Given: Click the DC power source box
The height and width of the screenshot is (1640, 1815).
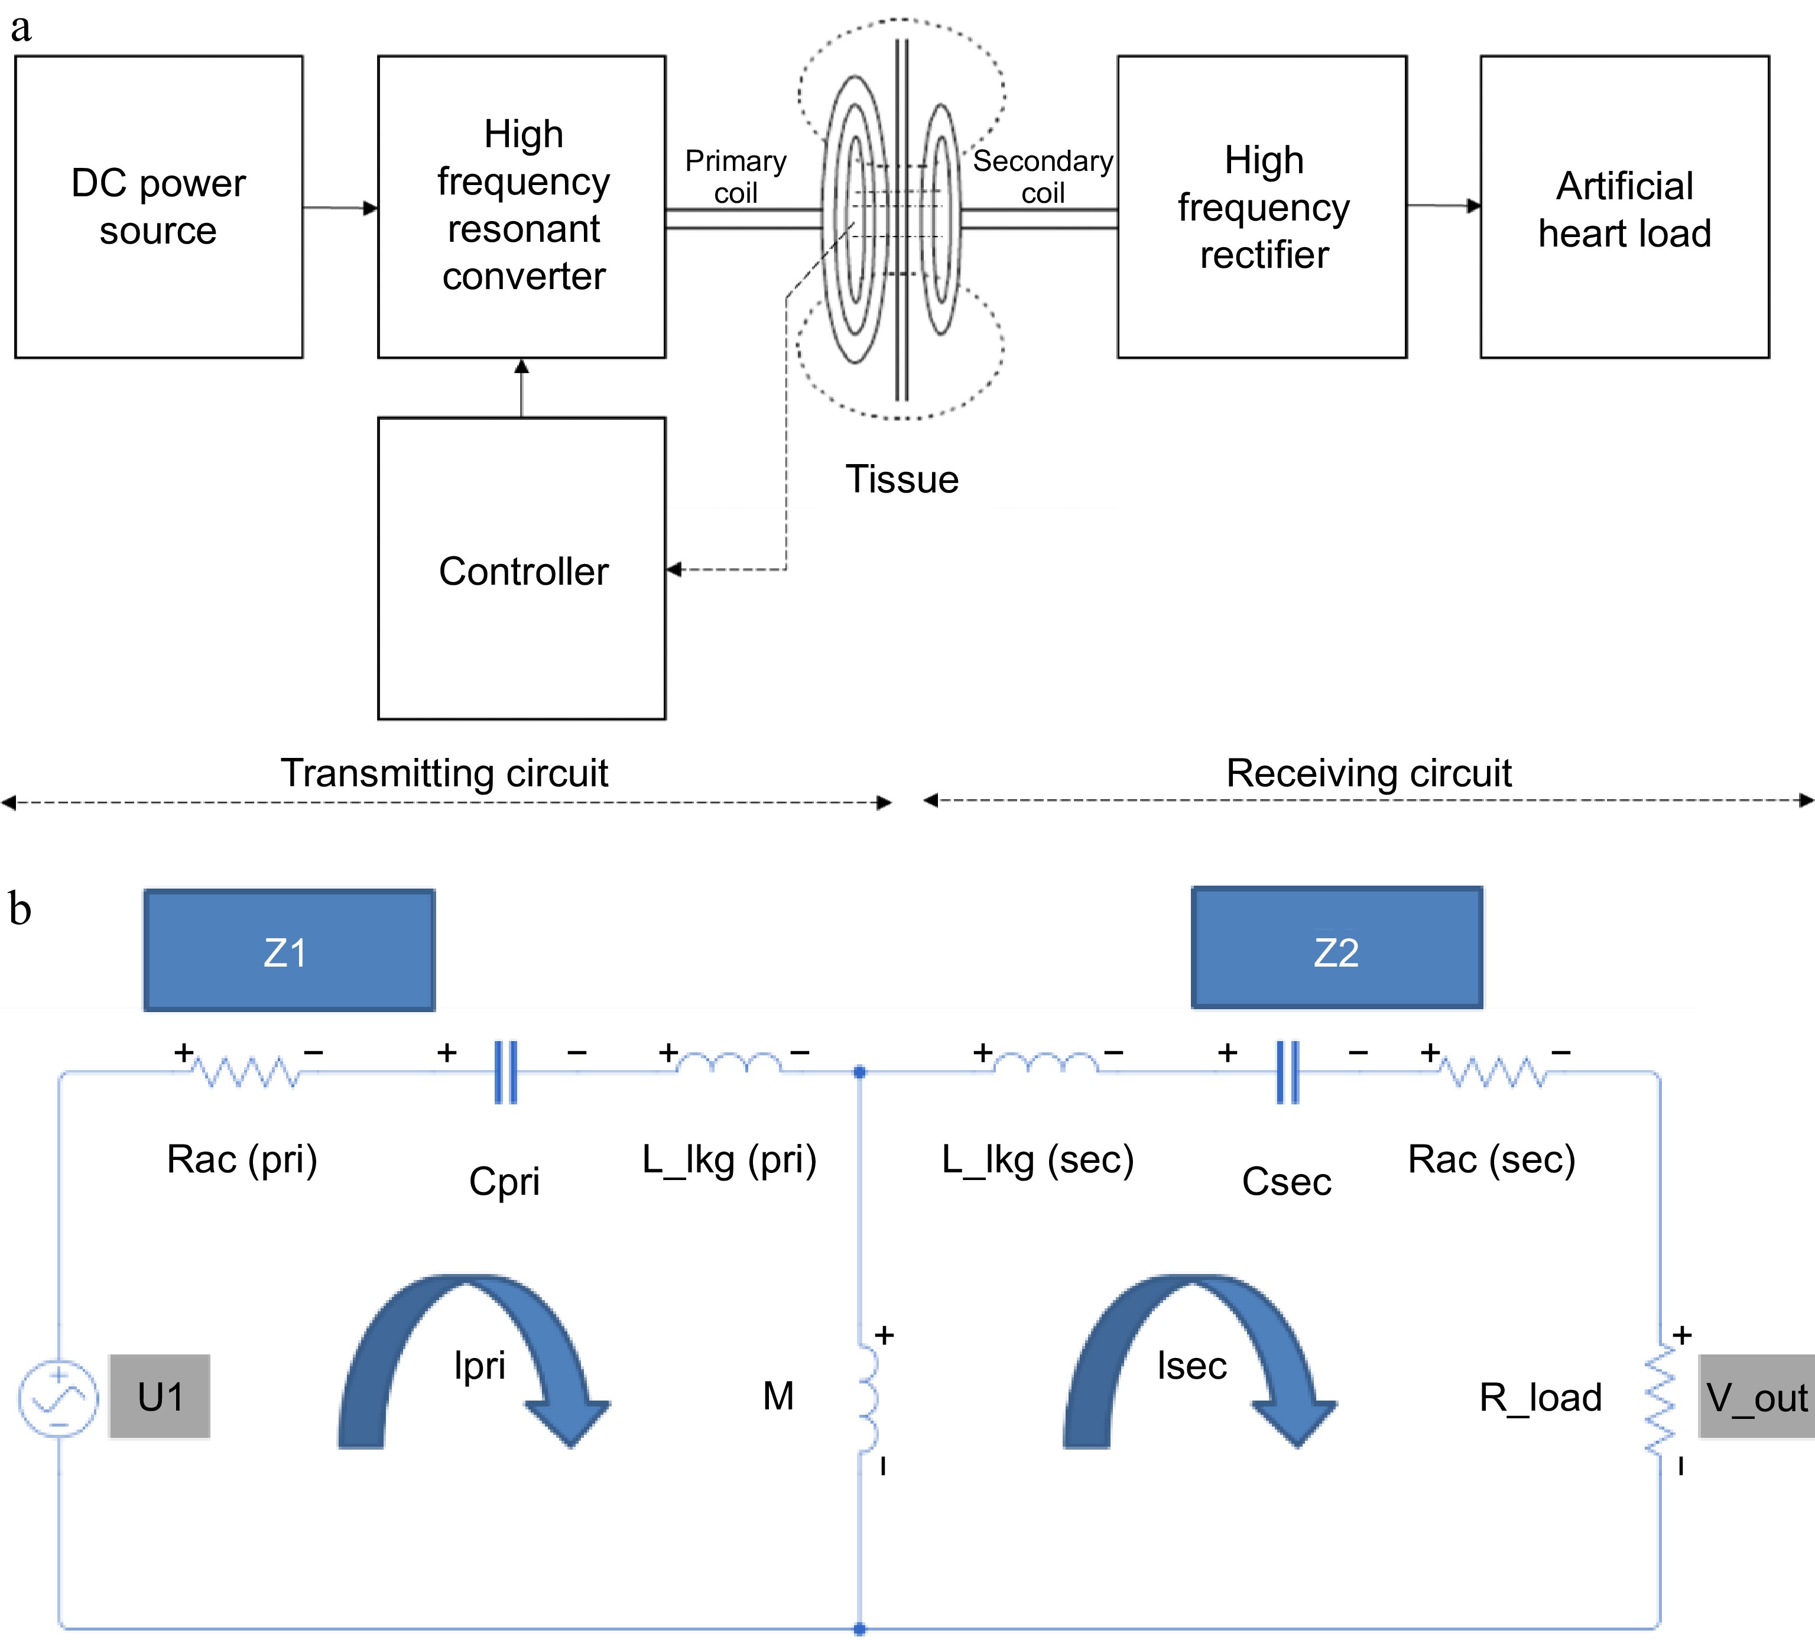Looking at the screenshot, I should (x=158, y=207).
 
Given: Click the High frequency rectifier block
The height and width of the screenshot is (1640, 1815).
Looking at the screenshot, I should (x=1262, y=207).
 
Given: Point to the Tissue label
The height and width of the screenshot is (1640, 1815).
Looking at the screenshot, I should (x=901, y=479).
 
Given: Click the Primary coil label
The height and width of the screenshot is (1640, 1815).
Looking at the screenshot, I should (x=736, y=177).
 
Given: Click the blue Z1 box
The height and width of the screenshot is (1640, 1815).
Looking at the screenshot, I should (x=289, y=951).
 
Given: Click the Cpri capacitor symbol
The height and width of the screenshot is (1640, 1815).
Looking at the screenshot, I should (x=506, y=1072).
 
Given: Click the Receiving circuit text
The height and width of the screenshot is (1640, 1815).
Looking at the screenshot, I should (x=1368, y=773).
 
